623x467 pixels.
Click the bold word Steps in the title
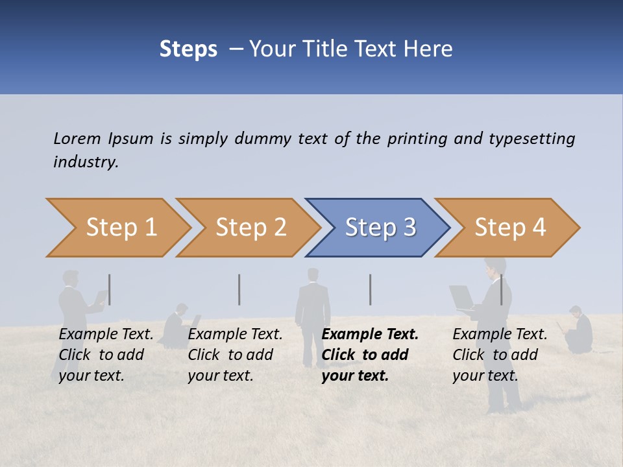(x=188, y=49)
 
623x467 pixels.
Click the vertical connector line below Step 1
(x=110, y=289)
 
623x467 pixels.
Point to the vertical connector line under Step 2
(x=239, y=289)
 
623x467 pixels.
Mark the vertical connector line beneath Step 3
(x=371, y=289)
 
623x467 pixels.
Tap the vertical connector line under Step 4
(x=501, y=289)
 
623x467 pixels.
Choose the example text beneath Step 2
(x=235, y=355)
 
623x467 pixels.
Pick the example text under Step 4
(x=500, y=355)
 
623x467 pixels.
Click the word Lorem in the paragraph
(x=77, y=139)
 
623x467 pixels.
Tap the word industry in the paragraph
(x=86, y=162)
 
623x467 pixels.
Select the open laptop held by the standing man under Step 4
(x=463, y=297)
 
